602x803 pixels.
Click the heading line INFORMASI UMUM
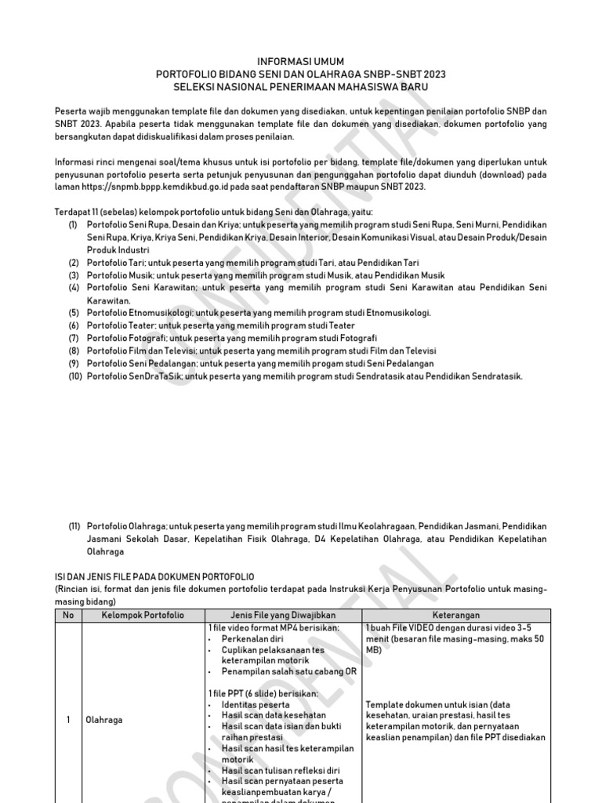pyautogui.click(x=301, y=61)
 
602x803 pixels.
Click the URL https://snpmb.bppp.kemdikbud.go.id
pyautogui.click(x=155, y=187)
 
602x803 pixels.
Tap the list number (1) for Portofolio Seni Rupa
pyautogui.click(x=73, y=225)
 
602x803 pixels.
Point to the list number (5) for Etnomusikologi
pyautogui.click(x=73, y=313)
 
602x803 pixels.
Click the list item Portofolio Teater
pyautogui.click(x=220, y=325)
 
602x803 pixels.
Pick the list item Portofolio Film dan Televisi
pyautogui.click(x=261, y=351)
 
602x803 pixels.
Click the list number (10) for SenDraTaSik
pyautogui.click(x=74, y=376)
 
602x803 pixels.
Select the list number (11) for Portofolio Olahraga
pyautogui.click(x=74, y=526)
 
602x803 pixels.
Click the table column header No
pyautogui.click(x=67, y=616)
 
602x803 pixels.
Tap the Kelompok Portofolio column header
pyautogui.click(x=143, y=616)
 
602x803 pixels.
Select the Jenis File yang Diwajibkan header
pyautogui.click(x=283, y=616)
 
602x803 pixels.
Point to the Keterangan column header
pyautogui.click(x=455, y=616)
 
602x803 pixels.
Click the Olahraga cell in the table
pyautogui.click(x=103, y=720)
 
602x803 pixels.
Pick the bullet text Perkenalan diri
pyautogui.click(x=252, y=639)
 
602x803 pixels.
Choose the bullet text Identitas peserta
pyautogui.click(x=255, y=705)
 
